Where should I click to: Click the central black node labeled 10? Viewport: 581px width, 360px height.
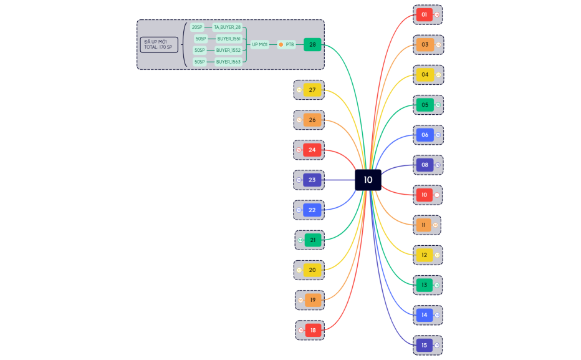[368, 180]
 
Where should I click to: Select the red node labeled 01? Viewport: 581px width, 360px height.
[425, 14]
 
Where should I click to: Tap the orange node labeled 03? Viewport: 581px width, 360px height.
[425, 44]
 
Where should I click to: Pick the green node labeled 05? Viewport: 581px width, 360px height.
[425, 105]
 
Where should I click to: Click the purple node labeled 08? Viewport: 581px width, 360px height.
[425, 165]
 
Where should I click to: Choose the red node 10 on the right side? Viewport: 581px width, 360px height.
[425, 195]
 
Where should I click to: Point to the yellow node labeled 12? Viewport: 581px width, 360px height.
[425, 255]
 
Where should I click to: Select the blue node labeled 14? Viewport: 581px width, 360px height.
[425, 315]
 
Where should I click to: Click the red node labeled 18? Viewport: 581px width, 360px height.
[313, 330]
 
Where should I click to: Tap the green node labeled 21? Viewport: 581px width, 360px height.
[313, 240]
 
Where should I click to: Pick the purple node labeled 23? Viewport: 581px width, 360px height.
[312, 180]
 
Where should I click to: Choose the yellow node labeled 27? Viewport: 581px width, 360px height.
[312, 90]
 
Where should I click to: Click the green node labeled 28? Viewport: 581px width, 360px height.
[312, 44]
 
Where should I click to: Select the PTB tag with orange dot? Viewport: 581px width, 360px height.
[287, 44]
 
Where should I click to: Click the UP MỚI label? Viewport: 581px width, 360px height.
[259, 44]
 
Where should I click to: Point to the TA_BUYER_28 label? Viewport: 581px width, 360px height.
[227, 27]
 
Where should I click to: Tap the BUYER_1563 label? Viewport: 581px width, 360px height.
[228, 62]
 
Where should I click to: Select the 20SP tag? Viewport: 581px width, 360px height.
[197, 27]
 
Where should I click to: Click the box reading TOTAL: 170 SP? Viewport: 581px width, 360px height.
[159, 44]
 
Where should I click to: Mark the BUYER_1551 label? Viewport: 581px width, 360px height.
[228, 39]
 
